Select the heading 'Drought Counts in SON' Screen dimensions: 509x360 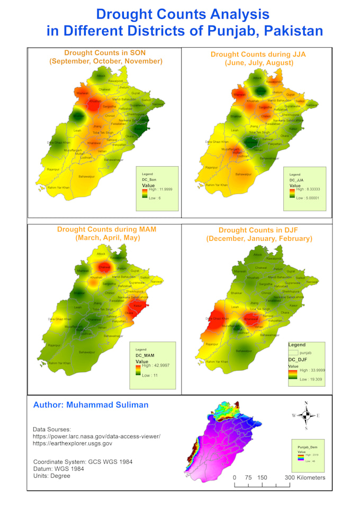point(105,53)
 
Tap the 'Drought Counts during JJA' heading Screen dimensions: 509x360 point(259,54)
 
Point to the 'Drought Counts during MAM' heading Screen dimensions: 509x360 point(106,230)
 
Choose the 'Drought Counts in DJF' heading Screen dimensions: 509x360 point(259,230)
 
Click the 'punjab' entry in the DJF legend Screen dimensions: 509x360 point(305,352)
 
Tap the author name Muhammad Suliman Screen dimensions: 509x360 point(91,405)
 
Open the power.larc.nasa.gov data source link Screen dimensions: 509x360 point(96,437)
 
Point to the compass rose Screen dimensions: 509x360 point(306,415)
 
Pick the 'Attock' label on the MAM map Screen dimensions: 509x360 point(101,254)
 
